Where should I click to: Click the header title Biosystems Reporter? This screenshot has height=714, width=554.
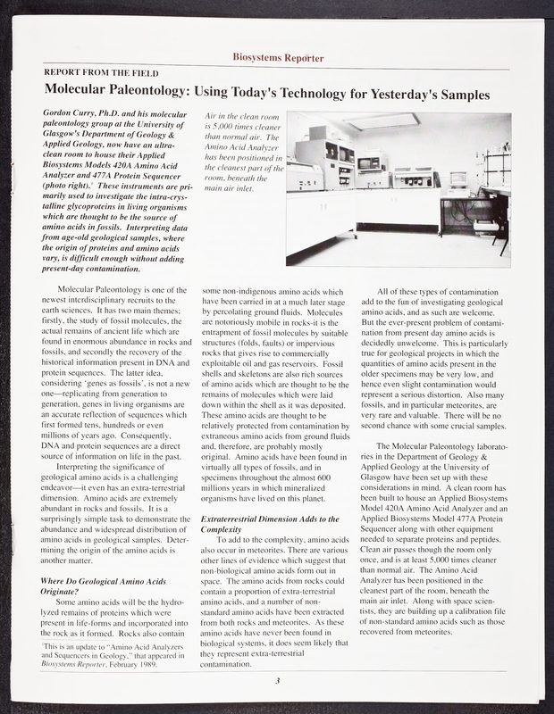point(277,59)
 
